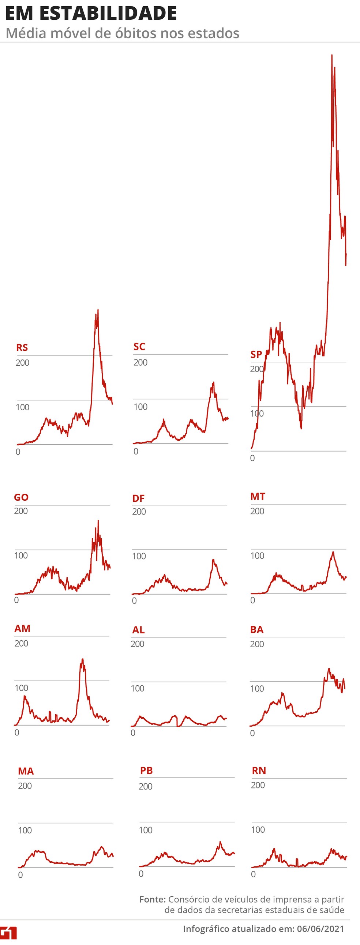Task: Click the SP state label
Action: point(256,354)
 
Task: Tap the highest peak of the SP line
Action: point(332,55)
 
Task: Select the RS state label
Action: point(22,347)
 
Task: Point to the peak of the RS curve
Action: point(98,310)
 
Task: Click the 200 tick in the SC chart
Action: point(140,362)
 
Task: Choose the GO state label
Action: point(21,497)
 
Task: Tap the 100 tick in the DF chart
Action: point(139,556)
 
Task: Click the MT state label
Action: point(258,496)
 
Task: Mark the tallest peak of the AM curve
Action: point(83,659)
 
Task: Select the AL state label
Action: point(138,630)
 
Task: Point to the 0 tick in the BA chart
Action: point(252,733)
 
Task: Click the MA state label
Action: point(26,771)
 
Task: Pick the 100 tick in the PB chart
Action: point(145,830)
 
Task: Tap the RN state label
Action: point(259,771)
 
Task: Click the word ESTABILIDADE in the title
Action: point(108,14)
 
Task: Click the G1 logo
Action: point(8,933)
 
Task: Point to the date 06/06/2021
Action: point(320,929)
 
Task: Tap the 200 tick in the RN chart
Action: point(258,785)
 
